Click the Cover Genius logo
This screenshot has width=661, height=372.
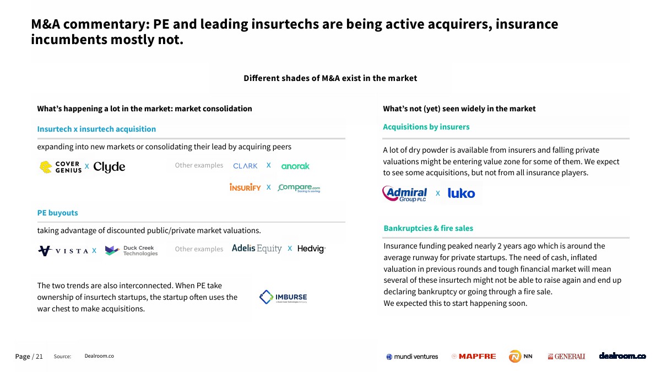(x=61, y=167)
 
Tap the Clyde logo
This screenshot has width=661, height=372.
(x=109, y=167)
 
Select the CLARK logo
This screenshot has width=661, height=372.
(x=245, y=166)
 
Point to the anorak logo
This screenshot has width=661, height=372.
(x=295, y=166)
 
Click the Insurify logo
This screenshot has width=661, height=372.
(x=245, y=187)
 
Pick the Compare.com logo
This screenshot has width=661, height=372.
(x=299, y=188)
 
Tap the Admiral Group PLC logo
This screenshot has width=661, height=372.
(x=404, y=193)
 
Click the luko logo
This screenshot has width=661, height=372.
(x=461, y=193)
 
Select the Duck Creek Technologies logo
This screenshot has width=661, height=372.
(x=131, y=251)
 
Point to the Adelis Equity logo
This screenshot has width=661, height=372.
(x=257, y=249)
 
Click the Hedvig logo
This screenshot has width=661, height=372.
(x=311, y=249)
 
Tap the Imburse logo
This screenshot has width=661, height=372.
(x=283, y=297)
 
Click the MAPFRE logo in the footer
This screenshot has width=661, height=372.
(x=474, y=357)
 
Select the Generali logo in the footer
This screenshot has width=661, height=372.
(x=566, y=357)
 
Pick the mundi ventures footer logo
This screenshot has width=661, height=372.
(x=412, y=357)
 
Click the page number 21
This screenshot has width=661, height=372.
(x=39, y=357)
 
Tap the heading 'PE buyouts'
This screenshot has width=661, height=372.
(x=57, y=213)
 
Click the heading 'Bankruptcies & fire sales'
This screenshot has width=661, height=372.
(x=428, y=228)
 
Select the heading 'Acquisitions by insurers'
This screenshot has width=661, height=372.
(x=426, y=127)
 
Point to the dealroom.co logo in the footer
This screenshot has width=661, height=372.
(x=622, y=356)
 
